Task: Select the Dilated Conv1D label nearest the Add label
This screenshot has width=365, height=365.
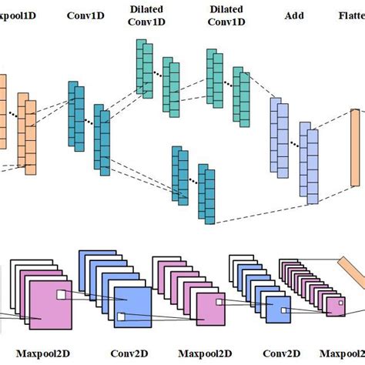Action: [225, 15]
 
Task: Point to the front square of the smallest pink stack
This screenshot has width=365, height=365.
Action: [335, 308]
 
